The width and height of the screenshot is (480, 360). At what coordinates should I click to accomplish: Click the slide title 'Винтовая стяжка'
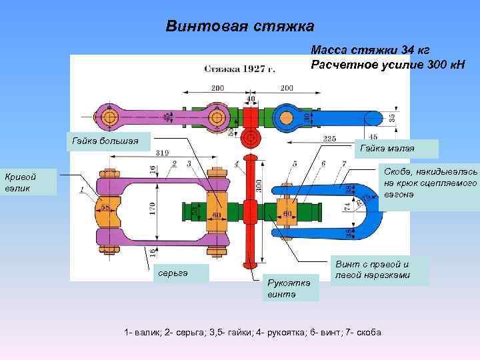239,27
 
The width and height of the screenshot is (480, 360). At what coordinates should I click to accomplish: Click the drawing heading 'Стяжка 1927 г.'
240,68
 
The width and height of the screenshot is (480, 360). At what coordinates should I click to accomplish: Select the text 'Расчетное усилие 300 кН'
387,64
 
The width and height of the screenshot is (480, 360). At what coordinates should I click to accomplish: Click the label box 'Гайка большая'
111,141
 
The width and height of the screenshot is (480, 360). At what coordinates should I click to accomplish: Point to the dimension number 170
153,212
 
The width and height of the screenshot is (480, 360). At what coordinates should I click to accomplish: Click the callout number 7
342,163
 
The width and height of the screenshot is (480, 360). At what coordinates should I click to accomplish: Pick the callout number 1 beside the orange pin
82,190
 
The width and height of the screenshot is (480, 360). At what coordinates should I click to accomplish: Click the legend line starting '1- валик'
253,332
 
